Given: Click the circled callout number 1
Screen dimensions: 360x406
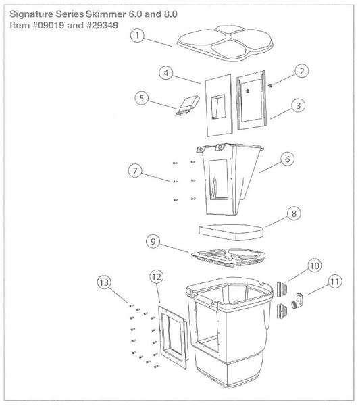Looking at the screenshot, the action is [x=137, y=36].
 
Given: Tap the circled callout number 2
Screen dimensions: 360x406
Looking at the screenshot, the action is [x=302, y=71].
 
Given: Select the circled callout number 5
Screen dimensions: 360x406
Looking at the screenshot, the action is [x=142, y=98].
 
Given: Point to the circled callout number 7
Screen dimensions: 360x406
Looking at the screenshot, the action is [x=135, y=171].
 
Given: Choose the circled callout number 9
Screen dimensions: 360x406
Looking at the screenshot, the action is [x=153, y=241].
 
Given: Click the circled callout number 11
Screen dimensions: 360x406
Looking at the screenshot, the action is [x=335, y=282].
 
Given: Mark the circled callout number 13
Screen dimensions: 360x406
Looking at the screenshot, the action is [x=104, y=282].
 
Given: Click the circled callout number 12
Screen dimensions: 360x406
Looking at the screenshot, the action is [x=157, y=277].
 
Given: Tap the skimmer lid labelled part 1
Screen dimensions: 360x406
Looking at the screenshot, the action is [x=225, y=43].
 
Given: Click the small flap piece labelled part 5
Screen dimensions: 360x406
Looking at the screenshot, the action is [x=188, y=105].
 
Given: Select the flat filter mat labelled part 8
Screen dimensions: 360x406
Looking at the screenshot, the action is [x=231, y=232].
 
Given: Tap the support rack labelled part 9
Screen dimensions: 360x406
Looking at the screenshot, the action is [x=228, y=257].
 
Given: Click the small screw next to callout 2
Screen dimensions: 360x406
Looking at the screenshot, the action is [x=271, y=85].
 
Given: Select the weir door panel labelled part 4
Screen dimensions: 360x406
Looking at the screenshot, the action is [x=219, y=105].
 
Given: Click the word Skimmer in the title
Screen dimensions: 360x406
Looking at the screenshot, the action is [x=106, y=14].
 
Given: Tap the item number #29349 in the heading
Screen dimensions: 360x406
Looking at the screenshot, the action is [x=102, y=26].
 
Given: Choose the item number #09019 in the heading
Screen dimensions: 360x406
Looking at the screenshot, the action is [x=49, y=26].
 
